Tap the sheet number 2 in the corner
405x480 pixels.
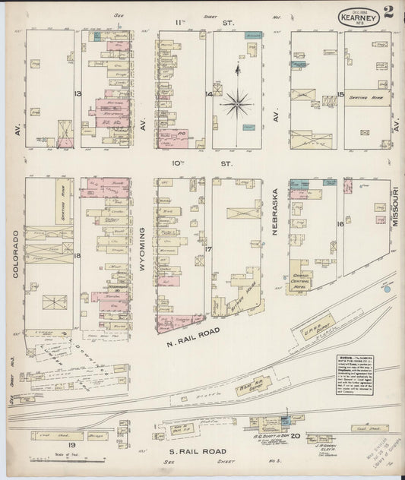pyautogui.click(x=388, y=11)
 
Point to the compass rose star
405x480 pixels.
pyautogui.click(x=238, y=99)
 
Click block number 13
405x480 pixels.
pyautogui.click(x=78, y=93)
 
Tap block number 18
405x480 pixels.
pyautogui.click(x=78, y=256)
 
